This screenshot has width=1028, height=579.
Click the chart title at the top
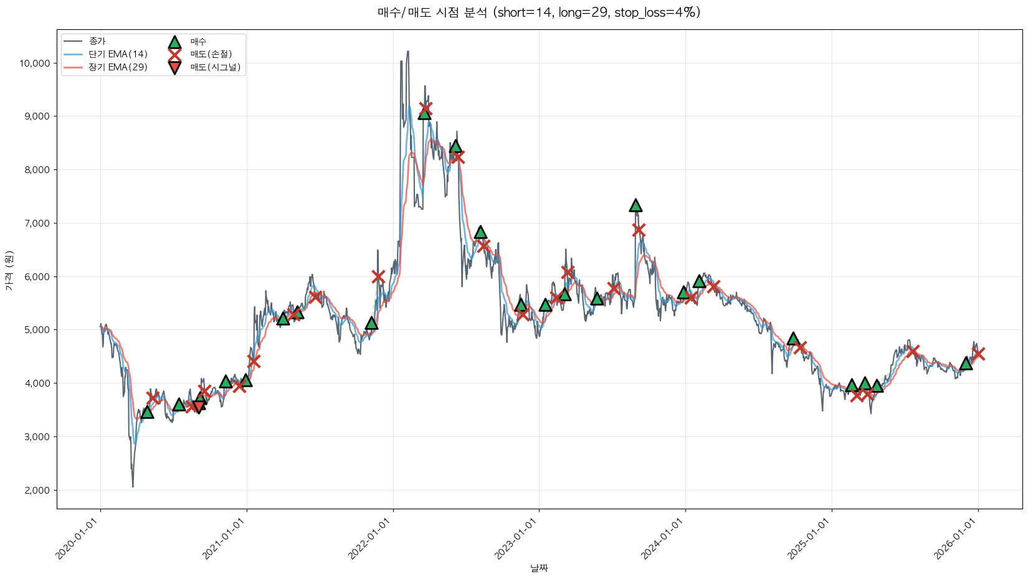click(539, 12)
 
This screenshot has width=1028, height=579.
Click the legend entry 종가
click(97, 41)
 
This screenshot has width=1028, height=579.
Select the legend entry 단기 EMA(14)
click(118, 54)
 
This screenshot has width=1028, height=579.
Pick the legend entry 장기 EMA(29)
click(118, 67)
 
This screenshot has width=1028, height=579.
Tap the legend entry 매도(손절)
click(211, 54)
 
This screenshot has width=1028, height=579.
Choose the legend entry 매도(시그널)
click(215, 67)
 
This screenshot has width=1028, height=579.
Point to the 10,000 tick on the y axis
click(34, 63)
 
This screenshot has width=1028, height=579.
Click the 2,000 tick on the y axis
click(36, 491)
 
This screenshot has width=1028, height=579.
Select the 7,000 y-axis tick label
click(36, 224)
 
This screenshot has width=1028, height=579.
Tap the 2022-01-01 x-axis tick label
click(371, 538)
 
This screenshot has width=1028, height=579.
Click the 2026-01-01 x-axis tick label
click(956, 538)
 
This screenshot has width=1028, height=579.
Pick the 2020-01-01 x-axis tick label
click(78, 538)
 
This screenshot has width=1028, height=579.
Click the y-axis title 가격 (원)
click(9, 270)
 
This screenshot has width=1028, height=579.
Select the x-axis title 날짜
click(539, 568)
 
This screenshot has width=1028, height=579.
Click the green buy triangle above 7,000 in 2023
click(635, 205)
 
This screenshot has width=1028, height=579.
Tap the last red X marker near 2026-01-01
click(978, 354)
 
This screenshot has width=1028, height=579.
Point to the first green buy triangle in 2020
click(147, 412)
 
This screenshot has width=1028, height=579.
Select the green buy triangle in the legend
click(174, 42)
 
